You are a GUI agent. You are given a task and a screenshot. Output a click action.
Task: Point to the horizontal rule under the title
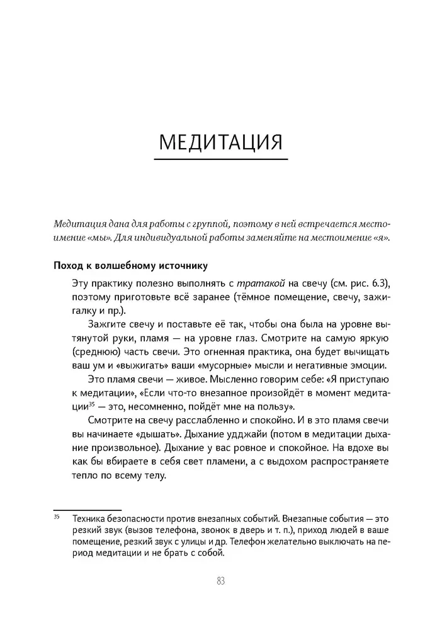(x=220, y=159)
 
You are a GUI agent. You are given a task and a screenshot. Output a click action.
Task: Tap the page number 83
(x=220, y=581)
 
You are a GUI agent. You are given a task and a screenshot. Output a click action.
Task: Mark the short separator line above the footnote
(x=87, y=510)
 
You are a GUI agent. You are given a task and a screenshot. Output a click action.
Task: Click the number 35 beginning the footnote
(x=56, y=517)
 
